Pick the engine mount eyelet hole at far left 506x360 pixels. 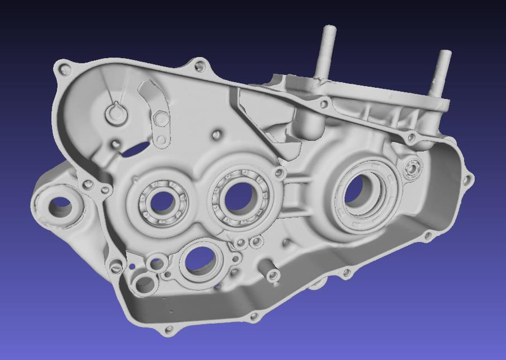[60, 207]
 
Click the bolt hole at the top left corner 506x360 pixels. [65, 70]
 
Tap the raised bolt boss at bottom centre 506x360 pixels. [273, 275]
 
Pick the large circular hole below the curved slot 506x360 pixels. [161, 119]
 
